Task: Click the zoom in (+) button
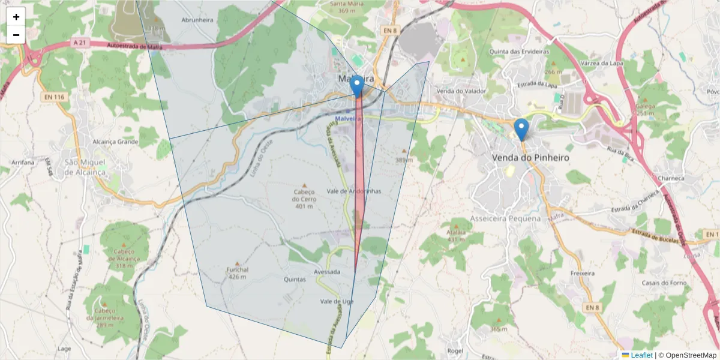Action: [16, 17]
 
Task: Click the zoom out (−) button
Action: [16, 35]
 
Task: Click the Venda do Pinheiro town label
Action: [522, 157]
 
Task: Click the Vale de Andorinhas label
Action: [354, 191]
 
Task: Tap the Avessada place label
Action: [327, 272]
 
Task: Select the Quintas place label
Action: [295, 279]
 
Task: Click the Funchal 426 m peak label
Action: [238, 273]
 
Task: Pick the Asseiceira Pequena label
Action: [506, 218]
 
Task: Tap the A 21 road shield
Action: [79, 43]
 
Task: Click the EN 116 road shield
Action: [53, 96]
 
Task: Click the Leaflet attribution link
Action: [641, 355]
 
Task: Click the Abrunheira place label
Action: [197, 19]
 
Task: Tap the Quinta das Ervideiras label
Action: [519, 52]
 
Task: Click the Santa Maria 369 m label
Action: [347, 7]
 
